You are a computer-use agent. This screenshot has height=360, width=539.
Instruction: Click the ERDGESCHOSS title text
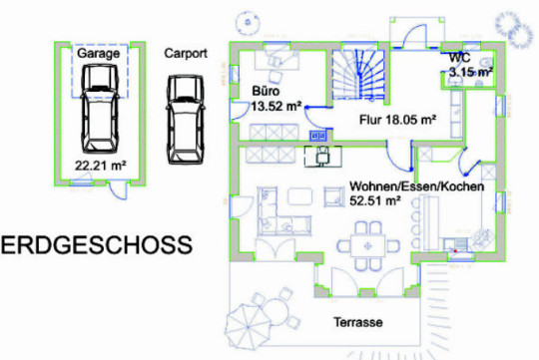[97, 245]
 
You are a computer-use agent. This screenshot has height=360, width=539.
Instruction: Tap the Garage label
[98, 53]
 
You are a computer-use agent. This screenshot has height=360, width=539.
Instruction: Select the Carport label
[186, 53]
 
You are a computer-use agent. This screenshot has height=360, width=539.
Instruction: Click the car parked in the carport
[186, 120]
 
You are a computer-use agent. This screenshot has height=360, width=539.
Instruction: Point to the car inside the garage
[100, 109]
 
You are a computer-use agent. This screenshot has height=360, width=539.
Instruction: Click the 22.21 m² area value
[101, 166]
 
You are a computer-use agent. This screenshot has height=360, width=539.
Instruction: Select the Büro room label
[266, 91]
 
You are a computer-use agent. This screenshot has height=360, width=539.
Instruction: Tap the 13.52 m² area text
[276, 106]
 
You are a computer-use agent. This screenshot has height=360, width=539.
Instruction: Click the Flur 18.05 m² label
[397, 120]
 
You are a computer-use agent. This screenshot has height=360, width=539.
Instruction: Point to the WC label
[459, 58]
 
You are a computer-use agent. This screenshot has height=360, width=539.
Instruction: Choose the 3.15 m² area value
[471, 73]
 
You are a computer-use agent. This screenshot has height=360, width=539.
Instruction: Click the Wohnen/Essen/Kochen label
[417, 186]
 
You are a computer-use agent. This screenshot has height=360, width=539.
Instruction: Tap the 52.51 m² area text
[375, 201]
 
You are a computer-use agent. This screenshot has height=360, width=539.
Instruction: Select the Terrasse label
[358, 322]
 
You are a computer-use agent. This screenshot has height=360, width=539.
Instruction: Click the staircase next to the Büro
[358, 75]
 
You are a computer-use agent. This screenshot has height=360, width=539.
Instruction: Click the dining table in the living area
[367, 245]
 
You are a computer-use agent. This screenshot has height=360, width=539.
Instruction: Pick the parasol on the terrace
[249, 327]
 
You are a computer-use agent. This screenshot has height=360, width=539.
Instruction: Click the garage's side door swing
[117, 191]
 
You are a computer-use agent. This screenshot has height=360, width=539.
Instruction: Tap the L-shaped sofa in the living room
[282, 211]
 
